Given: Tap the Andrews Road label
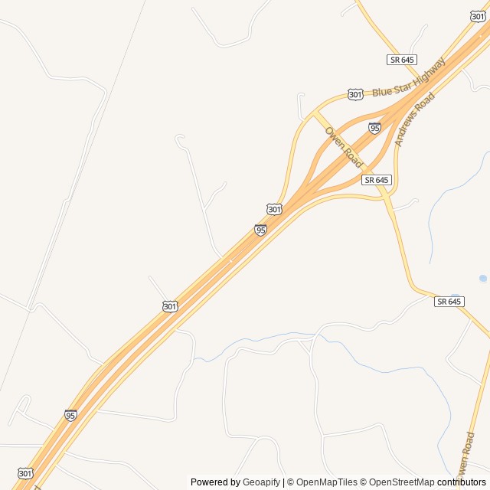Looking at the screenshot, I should tap(414, 119).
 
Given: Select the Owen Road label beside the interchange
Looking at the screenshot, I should tap(343, 148).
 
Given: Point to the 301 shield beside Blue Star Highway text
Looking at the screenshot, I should tap(355, 94).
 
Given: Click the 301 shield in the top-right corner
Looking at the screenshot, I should tap(477, 16).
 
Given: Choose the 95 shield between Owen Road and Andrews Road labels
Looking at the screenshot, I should tap(374, 128).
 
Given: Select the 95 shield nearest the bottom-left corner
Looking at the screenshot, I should tap(70, 415).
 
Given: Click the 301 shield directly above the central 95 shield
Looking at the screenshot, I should tap(274, 209).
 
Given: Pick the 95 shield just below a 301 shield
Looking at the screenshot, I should tap(261, 230).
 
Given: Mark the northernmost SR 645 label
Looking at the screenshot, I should tap(401, 60).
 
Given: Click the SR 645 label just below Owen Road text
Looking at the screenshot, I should tap(377, 180).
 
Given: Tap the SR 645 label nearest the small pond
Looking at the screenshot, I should tap(449, 302).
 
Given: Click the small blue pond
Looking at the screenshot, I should tap(482, 279).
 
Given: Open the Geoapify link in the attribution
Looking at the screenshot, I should tap(261, 482).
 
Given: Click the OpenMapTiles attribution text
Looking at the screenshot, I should tap(328, 482).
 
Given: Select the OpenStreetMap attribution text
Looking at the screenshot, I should tap(400, 482).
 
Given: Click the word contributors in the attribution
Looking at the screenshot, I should tap(462, 482).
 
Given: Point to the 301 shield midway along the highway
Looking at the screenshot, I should tap(170, 306).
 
